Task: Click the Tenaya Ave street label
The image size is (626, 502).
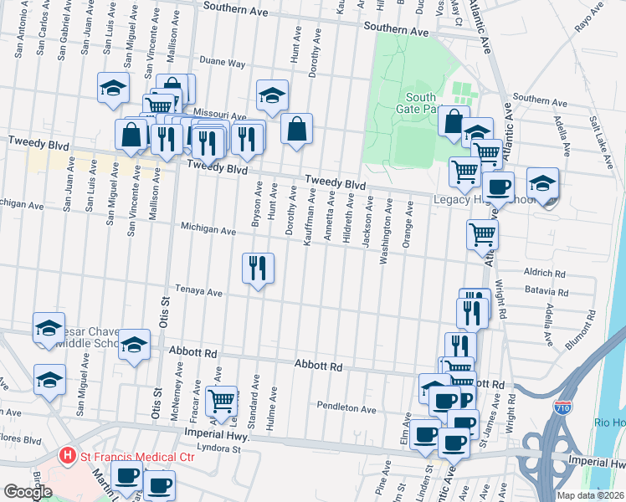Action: tap(202, 293)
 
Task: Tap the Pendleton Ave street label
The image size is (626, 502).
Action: tap(346, 407)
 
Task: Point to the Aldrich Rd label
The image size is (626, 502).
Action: tap(545, 273)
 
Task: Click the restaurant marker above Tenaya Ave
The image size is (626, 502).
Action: tap(258, 269)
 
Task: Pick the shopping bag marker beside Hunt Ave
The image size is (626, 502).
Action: tap(296, 129)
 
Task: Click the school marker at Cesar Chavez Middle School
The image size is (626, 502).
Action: tap(49, 328)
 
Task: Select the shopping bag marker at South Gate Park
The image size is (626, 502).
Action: tap(453, 121)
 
